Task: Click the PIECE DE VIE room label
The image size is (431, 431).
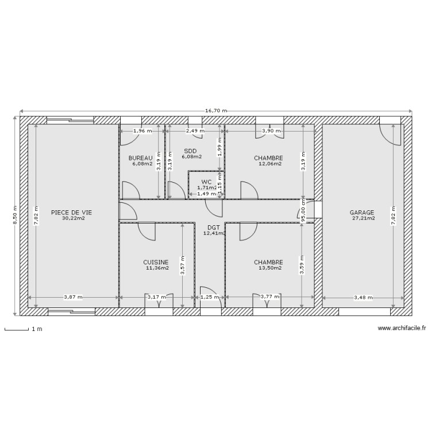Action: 71,212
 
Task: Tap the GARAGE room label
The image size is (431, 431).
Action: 362,212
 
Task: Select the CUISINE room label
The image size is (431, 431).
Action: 156,261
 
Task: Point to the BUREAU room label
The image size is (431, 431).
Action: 141,157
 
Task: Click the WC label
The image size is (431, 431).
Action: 206,182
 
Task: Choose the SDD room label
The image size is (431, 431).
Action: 190,151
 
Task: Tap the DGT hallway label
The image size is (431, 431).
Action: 214,228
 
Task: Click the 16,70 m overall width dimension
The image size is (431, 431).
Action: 215,110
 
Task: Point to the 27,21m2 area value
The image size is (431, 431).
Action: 363,218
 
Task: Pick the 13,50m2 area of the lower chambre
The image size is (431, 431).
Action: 269,268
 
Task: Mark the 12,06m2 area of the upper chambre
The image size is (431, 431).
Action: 269,164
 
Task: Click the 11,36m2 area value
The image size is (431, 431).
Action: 157,268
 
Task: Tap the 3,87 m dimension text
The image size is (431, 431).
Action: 73,297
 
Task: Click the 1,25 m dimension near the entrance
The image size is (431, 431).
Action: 209,297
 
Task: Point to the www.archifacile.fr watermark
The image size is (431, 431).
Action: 402,328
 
